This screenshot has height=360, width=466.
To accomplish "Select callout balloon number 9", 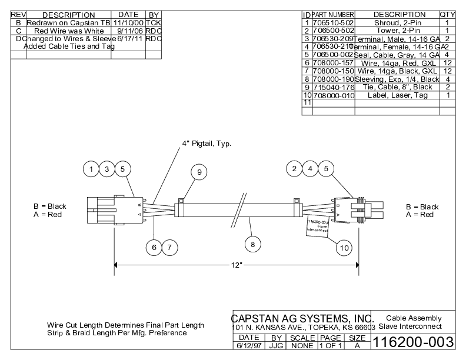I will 199,172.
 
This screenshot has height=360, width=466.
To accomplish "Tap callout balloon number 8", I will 253,244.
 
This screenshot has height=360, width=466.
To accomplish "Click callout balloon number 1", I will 91,169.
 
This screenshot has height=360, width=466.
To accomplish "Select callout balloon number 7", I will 169,248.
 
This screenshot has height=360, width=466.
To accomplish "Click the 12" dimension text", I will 237,265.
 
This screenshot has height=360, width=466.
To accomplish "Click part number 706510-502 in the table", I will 333,22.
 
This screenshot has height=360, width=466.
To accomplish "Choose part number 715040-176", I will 333,87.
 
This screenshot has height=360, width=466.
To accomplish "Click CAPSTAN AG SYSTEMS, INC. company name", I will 302,318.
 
